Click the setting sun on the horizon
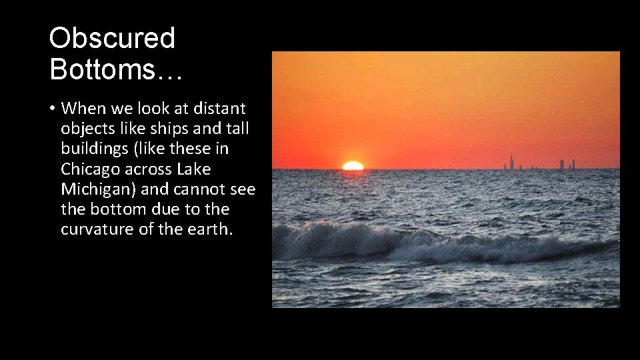click(353, 165)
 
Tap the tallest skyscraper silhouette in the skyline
click(511, 162)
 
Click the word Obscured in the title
click(112, 38)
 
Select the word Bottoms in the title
click(100, 69)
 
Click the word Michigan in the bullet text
click(93, 189)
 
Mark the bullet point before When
click(51, 108)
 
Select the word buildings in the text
click(92, 149)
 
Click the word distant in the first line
click(220, 108)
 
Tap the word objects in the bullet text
click(85, 128)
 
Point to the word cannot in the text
click(198, 189)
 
